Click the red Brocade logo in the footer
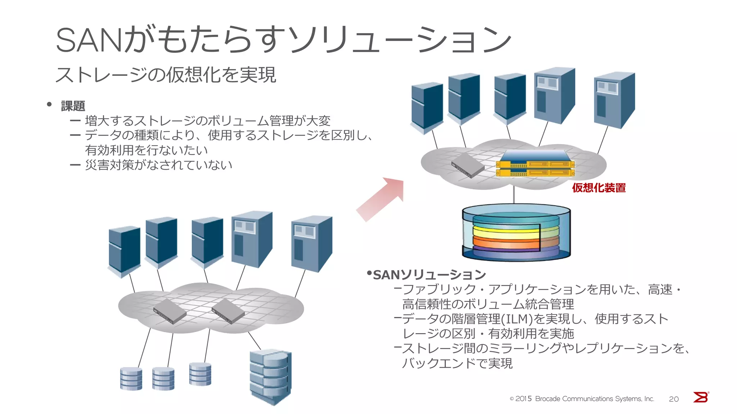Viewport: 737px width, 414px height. [701, 397]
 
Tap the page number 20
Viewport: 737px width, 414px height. [674, 399]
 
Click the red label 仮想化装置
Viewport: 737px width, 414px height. [599, 188]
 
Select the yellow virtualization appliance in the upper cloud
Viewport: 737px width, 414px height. [535, 165]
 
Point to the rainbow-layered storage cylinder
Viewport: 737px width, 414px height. [516, 233]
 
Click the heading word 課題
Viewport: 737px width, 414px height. [73, 106]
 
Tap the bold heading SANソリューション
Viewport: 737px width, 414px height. [429, 275]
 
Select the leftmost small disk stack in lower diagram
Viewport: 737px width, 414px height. [131, 379]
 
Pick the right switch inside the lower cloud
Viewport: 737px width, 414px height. [228, 311]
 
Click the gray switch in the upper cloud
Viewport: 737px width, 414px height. [468, 166]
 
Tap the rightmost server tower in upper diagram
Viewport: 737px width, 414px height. [614, 100]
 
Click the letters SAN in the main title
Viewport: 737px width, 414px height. [90, 40]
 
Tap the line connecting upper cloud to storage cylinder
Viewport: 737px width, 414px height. [514, 195]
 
